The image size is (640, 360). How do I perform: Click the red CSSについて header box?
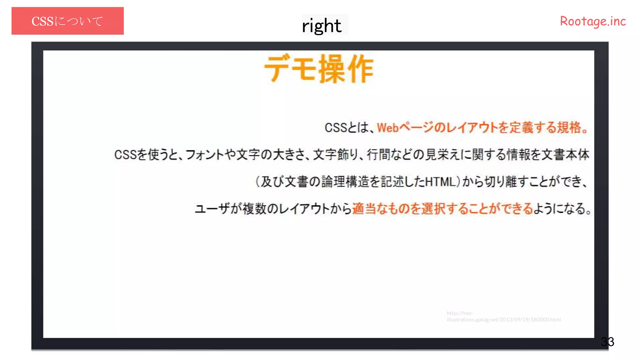[x=67, y=21]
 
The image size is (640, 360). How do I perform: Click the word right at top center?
[x=322, y=25]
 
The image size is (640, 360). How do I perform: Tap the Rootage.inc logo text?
[x=593, y=21]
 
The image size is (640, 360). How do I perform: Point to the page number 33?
[x=607, y=342]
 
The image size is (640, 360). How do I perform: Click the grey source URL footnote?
[x=503, y=316]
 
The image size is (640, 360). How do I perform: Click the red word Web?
[x=388, y=128]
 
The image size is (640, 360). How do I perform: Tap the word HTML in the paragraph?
[x=441, y=182]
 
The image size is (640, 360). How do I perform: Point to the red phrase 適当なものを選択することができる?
[x=442, y=208]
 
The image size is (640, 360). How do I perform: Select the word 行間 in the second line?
[x=378, y=155]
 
